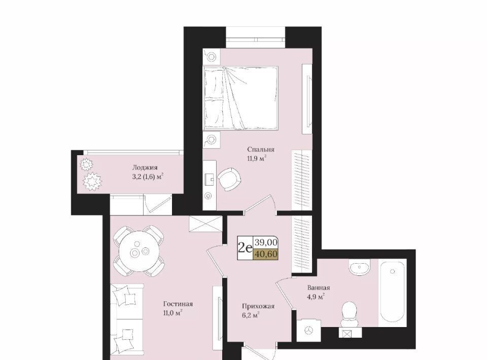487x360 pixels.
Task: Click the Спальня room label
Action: [x=261, y=149]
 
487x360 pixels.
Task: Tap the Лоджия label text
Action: [x=145, y=168]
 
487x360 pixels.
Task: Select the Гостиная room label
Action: [x=178, y=304]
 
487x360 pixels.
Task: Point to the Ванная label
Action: [x=319, y=287]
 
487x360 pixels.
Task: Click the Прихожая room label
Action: [x=258, y=306]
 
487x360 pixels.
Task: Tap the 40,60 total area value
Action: [x=266, y=254]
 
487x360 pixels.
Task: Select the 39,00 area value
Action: [x=266, y=242]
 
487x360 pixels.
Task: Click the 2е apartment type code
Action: [x=245, y=248]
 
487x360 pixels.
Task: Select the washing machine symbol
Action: [x=309, y=331]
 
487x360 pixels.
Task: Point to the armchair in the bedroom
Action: [x=229, y=179]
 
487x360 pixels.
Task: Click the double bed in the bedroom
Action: [x=240, y=97]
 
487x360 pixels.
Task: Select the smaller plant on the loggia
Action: [x=85, y=164]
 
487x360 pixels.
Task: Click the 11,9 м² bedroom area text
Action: [x=257, y=159]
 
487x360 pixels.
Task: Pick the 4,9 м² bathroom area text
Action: [x=316, y=297]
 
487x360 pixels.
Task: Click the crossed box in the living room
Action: [x=205, y=224]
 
